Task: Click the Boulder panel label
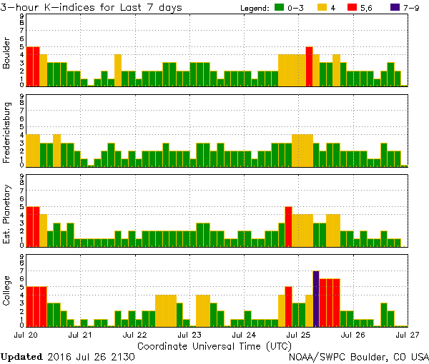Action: point(8,54)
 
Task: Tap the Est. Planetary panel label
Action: point(8,213)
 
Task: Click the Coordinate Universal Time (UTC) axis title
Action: point(214,345)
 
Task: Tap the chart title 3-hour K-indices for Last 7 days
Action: point(91,7)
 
